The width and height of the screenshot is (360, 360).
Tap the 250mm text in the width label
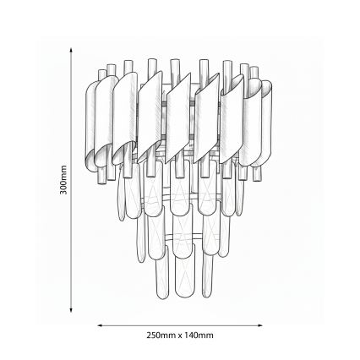click(x=158, y=335)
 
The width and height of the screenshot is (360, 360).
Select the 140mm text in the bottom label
click(x=199, y=335)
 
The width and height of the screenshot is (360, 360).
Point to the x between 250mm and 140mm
click(x=179, y=335)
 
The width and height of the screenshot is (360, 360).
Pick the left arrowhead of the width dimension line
click(x=101, y=324)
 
